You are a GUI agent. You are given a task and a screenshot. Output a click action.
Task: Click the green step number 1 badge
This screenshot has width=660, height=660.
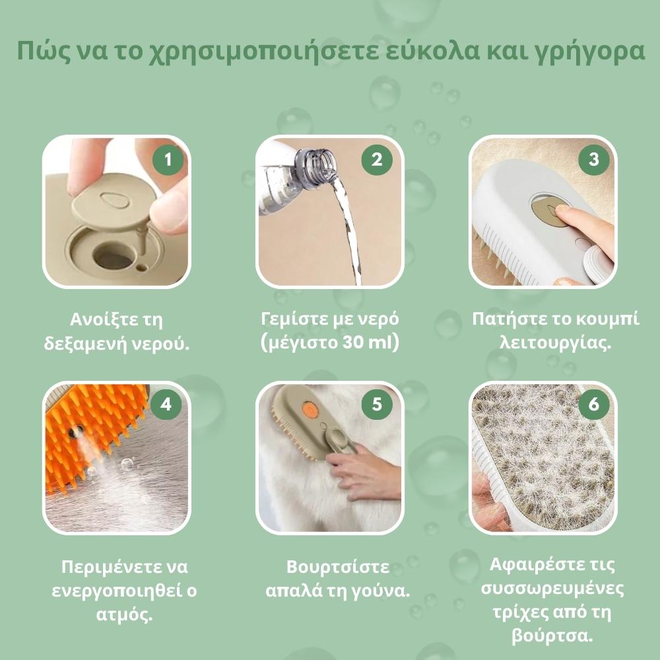coord(167,160)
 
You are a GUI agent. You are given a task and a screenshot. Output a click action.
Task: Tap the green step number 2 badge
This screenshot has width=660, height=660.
coord(378,160)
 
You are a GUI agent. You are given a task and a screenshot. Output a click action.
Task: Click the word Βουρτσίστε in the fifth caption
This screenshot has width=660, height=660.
coord(337,567)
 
